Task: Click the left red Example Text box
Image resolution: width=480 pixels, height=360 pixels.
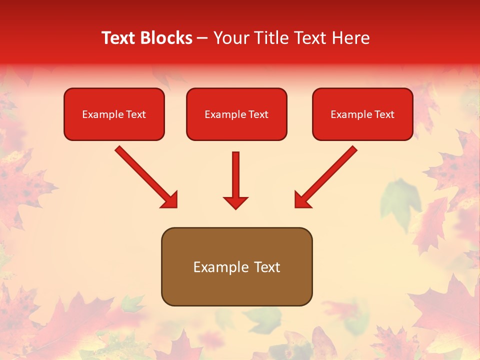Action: click(114, 114)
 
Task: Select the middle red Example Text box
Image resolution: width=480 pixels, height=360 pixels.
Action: click(236, 114)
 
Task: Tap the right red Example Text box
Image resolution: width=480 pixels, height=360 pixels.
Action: click(362, 114)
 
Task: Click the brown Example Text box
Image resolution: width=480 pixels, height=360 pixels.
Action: click(236, 266)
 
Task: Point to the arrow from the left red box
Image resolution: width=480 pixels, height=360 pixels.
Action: click(145, 176)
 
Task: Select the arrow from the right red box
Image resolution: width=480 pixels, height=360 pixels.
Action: click(326, 176)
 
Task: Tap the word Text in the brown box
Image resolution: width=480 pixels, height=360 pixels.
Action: click(267, 267)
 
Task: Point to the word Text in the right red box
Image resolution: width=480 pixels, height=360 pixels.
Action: click(384, 114)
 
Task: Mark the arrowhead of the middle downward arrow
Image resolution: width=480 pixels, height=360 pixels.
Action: click(235, 202)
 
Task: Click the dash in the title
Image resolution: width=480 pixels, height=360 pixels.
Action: click(202, 38)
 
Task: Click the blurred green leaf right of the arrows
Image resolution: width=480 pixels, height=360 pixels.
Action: click(398, 202)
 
